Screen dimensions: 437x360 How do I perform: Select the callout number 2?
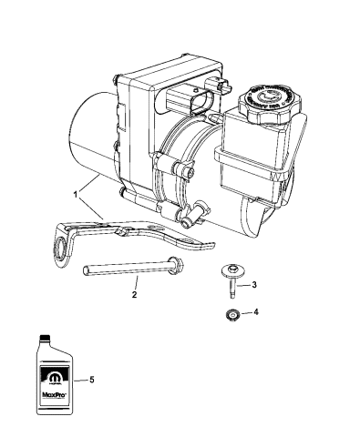click(135, 295)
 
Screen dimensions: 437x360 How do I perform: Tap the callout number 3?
click(254, 285)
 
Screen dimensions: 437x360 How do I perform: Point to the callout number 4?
click(254, 313)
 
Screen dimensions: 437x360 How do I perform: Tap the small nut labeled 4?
click(232, 314)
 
